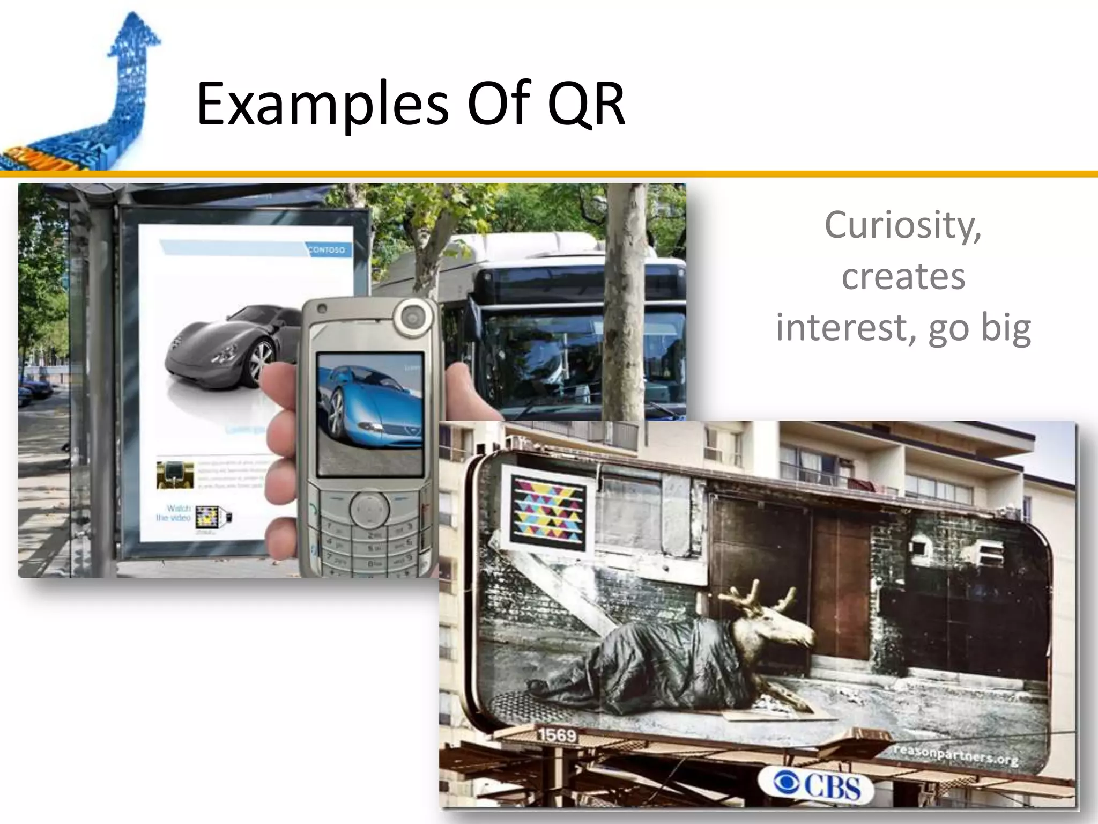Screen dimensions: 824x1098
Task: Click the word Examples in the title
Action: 322,105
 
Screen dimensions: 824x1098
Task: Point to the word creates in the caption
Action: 903,277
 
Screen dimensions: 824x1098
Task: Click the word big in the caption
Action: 1006,328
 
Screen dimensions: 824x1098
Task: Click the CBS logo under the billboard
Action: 817,786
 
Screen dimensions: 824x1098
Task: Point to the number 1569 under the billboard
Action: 557,735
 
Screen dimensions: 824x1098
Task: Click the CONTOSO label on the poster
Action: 327,250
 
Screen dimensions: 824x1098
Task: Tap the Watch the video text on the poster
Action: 174,513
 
